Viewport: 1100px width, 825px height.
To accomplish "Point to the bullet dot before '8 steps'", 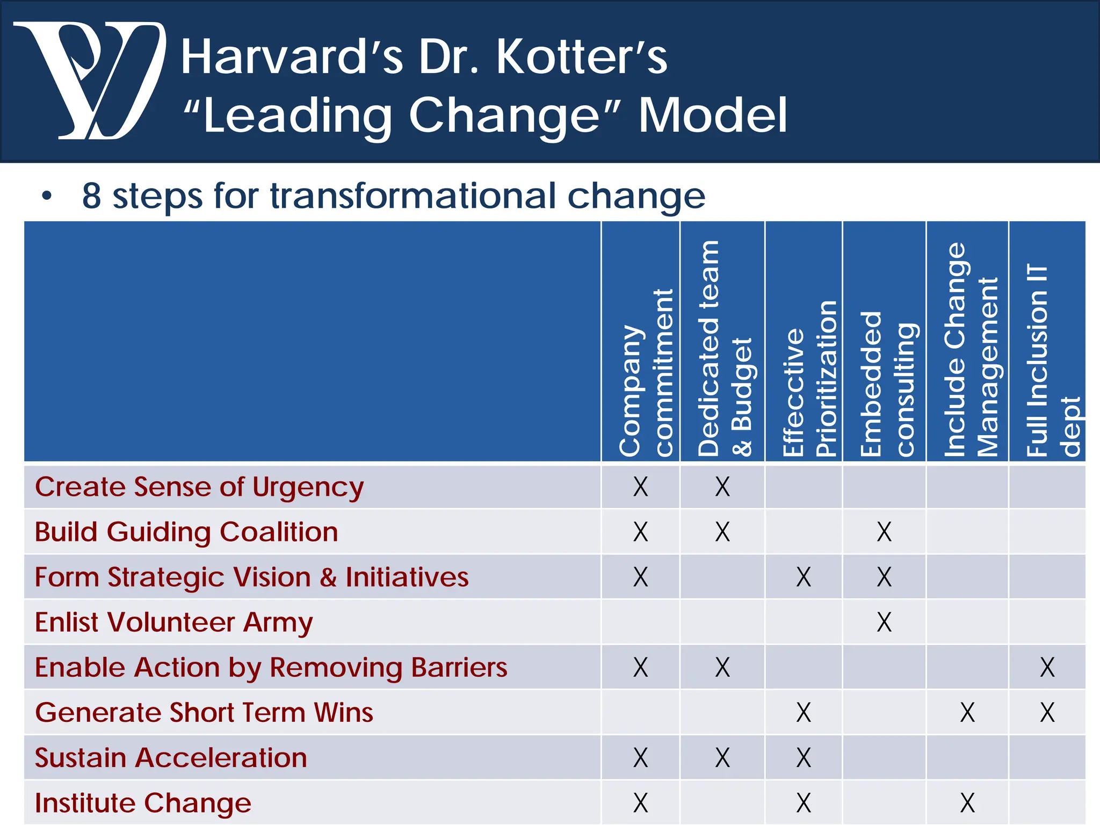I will coord(47,197).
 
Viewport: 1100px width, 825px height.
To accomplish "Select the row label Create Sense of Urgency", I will coord(199,487).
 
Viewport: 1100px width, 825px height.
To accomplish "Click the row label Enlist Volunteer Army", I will coord(173,623).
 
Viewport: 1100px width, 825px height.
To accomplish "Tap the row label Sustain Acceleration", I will coord(171,758).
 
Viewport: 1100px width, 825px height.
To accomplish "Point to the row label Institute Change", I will coord(143,803).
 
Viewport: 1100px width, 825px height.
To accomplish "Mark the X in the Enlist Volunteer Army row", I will coord(884,623).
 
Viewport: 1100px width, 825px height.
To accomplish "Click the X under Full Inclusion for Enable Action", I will coord(1047,668).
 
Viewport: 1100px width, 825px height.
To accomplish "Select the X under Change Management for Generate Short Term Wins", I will coord(967,713).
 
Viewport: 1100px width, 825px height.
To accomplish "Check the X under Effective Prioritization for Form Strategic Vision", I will coord(804,577).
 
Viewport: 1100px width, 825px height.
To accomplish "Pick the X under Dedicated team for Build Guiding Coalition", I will coord(722,532).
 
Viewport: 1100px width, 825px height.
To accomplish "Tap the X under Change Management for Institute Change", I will coord(967,803).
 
